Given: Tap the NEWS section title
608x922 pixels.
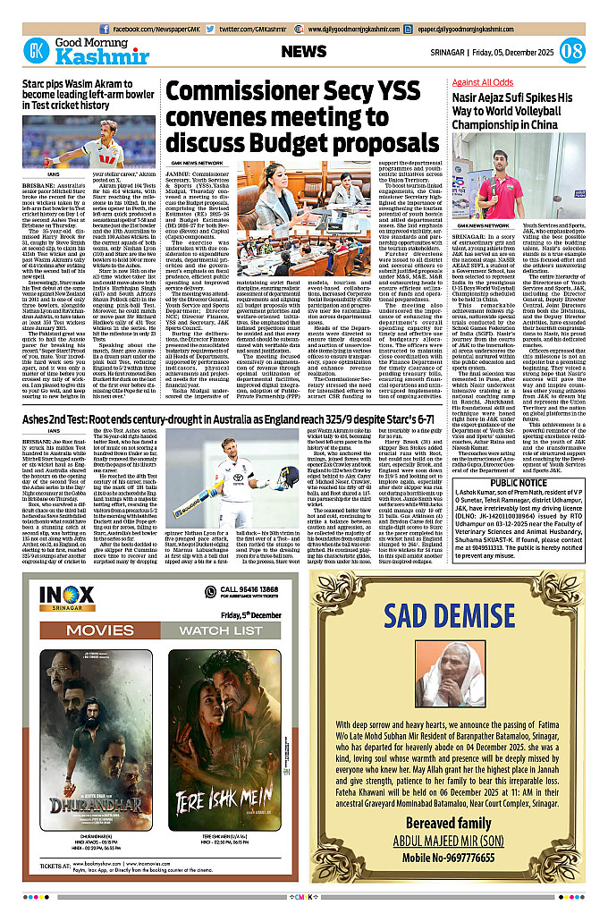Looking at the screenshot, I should coord(309,51).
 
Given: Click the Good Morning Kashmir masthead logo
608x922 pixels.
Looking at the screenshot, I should coord(66,50).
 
